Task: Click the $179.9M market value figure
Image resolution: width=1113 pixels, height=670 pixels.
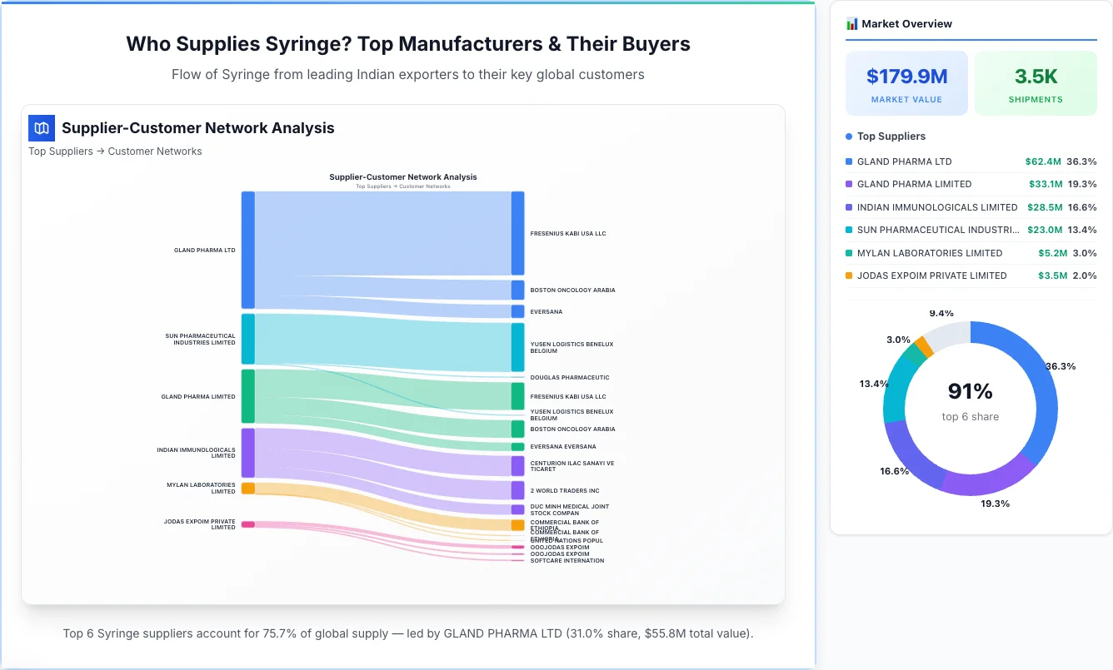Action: coord(906,77)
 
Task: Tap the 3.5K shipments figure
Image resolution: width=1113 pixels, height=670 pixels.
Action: coord(1036,77)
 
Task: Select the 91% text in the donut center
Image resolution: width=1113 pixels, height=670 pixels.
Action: coord(970,391)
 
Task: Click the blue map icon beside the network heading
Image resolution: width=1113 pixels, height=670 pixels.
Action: coord(42,128)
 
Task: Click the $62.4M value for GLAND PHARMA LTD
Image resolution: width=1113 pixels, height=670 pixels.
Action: coord(1043,161)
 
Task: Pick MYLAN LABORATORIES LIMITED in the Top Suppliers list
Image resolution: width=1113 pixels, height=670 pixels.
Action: coord(930,253)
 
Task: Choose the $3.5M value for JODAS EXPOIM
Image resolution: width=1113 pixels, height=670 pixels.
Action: coord(1052,275)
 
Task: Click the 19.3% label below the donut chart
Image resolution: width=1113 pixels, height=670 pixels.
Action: coord(994,504)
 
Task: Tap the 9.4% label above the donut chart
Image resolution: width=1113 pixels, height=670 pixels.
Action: coord(941,313)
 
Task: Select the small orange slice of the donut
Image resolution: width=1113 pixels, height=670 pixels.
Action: coord(923,346)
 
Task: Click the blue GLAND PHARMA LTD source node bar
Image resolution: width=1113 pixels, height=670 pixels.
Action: coord(247,250)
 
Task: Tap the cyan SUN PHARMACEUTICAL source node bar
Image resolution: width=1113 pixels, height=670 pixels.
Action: coord(247,339)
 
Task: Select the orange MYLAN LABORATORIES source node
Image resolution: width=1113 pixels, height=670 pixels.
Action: coord(247,489)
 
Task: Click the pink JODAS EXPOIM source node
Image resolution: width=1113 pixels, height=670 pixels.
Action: coord(247,524)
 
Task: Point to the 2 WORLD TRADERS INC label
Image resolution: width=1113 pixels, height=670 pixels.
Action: coord(564,491)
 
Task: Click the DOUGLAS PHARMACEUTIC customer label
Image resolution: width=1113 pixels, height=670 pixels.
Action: coord(569,378)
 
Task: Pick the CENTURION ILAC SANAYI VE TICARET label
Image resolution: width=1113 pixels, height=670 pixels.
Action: coord(571,466)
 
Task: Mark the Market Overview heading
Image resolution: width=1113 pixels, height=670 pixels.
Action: coord(906,24)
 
